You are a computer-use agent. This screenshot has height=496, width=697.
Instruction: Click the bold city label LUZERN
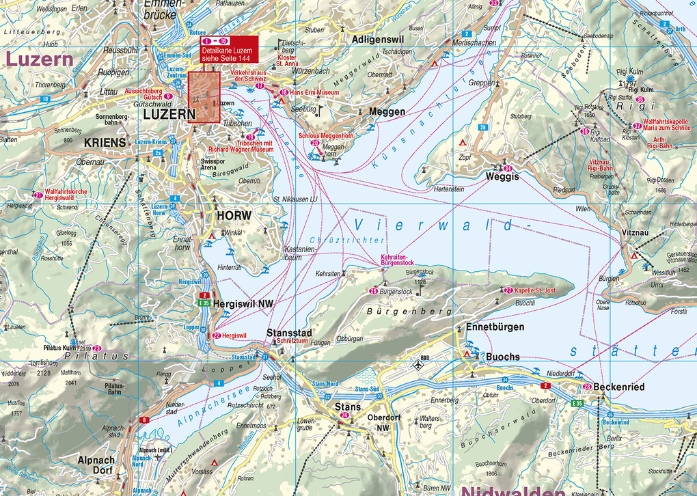165,115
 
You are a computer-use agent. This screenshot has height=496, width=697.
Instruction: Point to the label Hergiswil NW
240,302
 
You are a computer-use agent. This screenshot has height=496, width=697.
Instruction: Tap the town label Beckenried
618,387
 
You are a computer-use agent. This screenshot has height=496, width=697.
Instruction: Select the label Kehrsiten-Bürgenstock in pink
397,259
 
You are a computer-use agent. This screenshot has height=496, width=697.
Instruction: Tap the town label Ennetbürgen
495,327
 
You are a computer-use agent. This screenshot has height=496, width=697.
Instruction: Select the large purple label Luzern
39,59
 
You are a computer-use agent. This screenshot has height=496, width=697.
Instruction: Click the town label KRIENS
105,142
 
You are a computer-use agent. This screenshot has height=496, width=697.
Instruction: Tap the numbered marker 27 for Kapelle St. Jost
508,290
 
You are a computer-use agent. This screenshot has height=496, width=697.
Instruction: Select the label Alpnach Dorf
97,465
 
